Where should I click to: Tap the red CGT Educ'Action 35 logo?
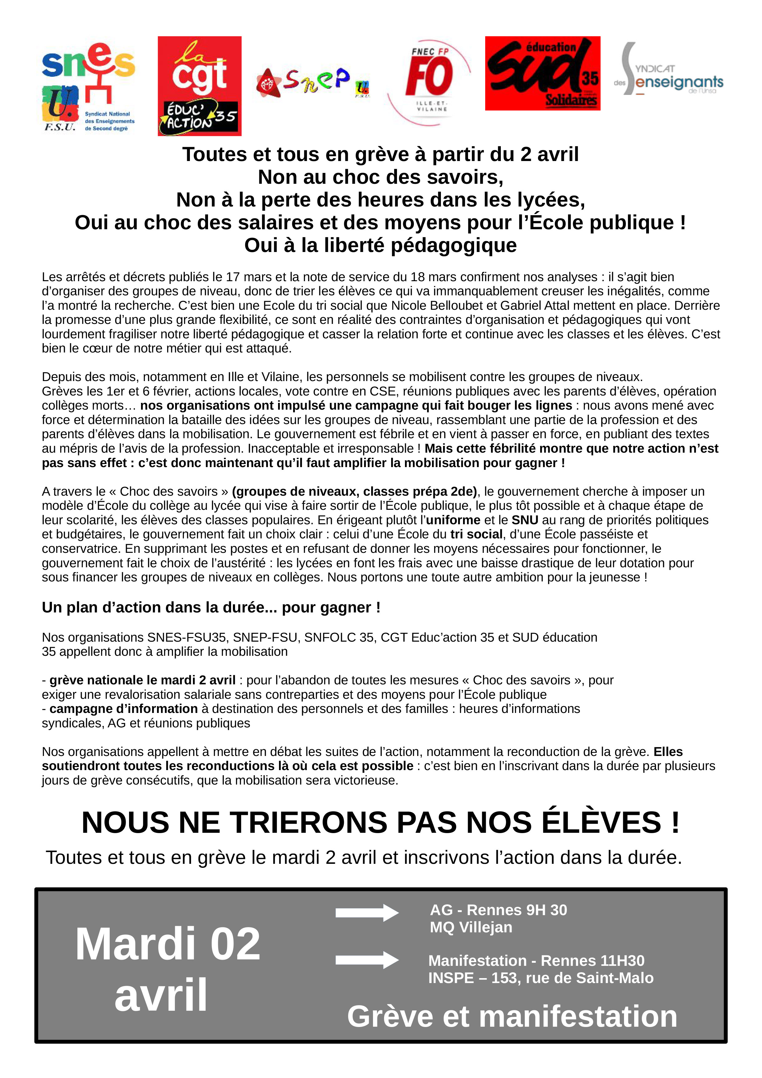click(199, 86)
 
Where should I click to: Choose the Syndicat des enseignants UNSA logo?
click(669, 70)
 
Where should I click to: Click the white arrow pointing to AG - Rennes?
click(367, 912)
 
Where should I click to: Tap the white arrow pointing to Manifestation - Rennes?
click(367, 960)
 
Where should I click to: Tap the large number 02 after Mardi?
click(235, 944)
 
